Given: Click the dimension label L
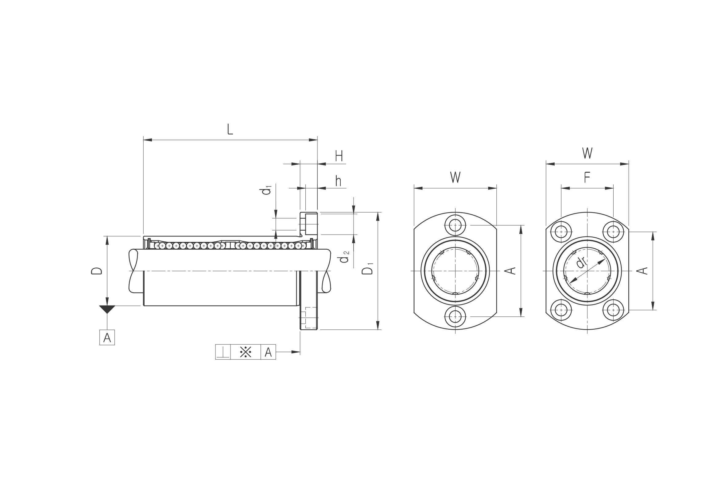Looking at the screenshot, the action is click(230, 129).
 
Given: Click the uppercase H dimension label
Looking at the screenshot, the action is click(339, 156).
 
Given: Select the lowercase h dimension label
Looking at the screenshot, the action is click(338, 181).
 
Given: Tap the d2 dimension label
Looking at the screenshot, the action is click(344, 256).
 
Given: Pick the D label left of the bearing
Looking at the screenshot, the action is click(96, 271).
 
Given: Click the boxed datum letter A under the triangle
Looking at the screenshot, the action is click(107, 337).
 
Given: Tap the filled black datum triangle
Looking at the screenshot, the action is click(107, 309).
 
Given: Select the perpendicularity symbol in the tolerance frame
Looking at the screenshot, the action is click(223, 352).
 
